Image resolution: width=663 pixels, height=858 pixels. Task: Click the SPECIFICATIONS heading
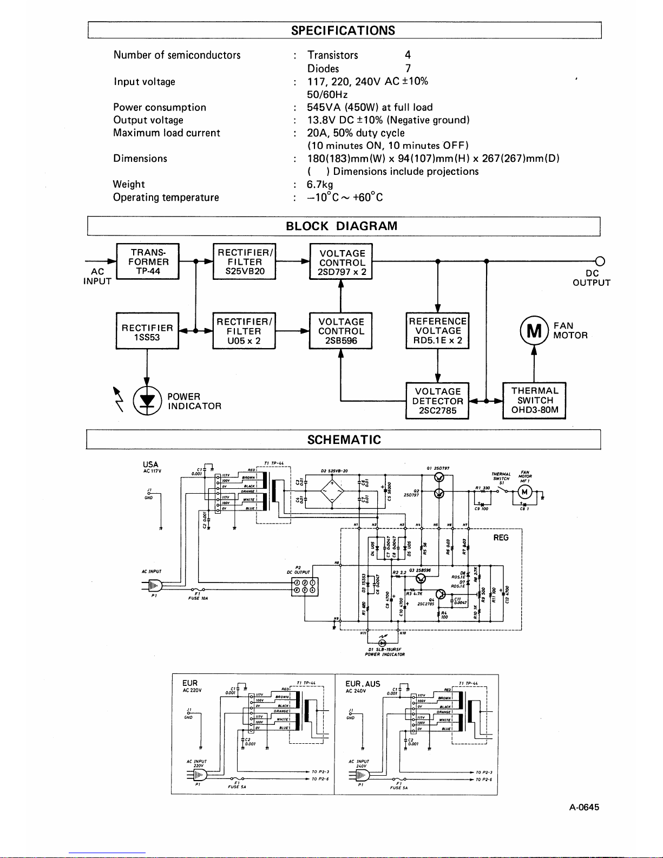343,30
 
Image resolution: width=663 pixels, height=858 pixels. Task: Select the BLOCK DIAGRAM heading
342,226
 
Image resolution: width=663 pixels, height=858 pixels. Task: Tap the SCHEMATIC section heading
344,440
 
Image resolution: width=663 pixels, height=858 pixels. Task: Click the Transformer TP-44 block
148,261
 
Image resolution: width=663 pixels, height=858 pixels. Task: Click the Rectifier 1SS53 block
147,331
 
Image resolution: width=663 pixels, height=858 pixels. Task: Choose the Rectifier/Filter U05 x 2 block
244,331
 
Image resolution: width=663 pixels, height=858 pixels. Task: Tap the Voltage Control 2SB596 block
341,331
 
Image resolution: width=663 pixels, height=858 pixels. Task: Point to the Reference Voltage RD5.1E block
437,331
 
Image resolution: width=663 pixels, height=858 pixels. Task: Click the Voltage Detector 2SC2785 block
437,401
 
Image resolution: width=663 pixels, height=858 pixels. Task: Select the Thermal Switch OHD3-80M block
535,401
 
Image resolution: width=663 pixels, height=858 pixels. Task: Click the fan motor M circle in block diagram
534,331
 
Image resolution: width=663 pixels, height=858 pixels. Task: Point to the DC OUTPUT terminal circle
600,261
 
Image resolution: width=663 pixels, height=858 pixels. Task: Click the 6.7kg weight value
320,185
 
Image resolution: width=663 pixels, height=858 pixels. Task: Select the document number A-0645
584,807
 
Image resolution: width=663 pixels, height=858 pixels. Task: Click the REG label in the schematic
501,538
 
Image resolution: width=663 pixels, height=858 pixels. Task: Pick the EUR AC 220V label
192,686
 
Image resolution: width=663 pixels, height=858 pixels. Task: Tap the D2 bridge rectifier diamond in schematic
332,492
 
